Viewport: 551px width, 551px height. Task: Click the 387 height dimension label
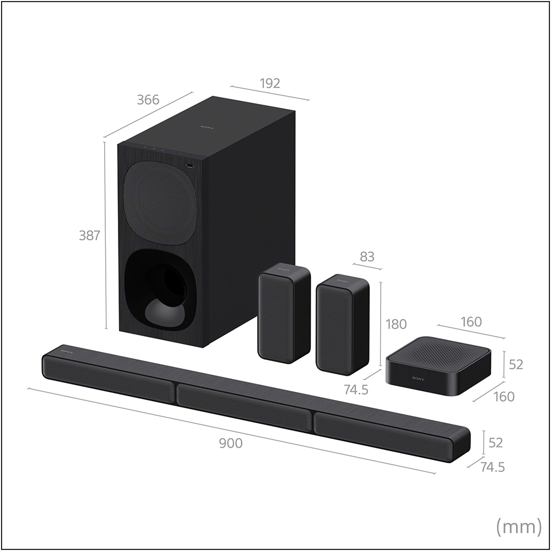pos(90,235)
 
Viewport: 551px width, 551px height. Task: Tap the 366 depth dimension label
pos(148,100)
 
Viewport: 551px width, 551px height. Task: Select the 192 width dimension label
pos(270,83)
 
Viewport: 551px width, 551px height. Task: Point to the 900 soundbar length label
pos(231,443)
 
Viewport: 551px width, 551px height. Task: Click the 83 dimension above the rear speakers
pos(367,257)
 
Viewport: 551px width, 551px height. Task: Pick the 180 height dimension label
pos(396,324)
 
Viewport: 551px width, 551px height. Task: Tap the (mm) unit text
pos(518,526)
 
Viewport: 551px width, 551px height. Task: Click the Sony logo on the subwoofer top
pos(207,127)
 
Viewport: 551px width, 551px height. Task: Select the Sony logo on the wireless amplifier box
pos(418,379)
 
